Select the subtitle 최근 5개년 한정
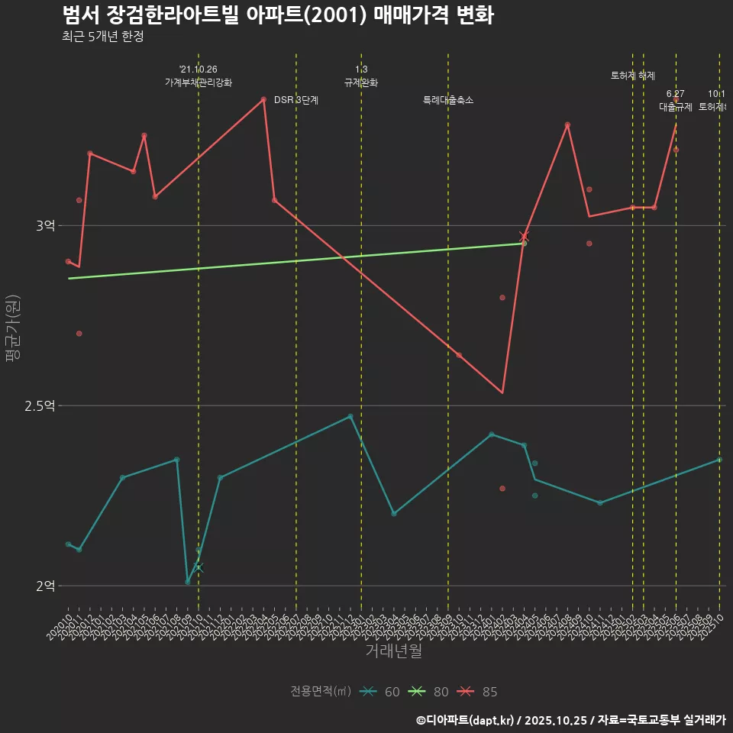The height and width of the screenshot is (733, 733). (x=102, y=36)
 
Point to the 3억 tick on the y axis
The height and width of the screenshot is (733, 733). (x=45, y=226)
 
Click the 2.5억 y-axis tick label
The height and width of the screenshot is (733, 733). (x=40, y=406)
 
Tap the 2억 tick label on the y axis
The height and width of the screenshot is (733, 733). (x=45, y=586)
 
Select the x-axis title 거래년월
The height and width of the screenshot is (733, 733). (x=393, y=651)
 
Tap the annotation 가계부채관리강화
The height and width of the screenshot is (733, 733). (x=199, y=82)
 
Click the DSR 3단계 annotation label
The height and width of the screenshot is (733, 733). (x=296, y=100)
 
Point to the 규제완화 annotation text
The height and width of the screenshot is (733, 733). (x=361, y=82)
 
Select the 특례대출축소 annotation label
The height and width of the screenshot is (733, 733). (x=448, y=100)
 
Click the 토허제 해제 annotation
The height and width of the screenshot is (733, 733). (x=633, y=76)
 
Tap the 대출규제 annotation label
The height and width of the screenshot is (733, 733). (x=676, y=107)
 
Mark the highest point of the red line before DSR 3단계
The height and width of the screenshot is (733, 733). (x=263, y=99)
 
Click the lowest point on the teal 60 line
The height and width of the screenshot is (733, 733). (x=188, y=582)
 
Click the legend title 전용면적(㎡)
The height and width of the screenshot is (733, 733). (x=321, y=692)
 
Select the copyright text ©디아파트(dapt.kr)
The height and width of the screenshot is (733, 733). (x=466, y=719)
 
